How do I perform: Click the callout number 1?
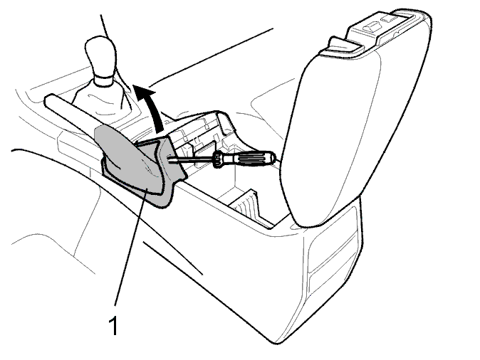coord(113,325)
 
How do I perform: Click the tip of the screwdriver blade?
coord(169,158)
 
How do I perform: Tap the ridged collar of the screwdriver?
coord(219,159)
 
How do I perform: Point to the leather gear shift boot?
coord(102,97)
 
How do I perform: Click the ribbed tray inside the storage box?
coord(246,203)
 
